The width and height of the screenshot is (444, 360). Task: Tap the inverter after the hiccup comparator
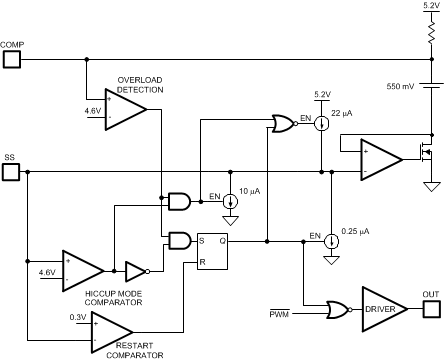coord(136,271)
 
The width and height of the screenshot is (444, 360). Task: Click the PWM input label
coord(280,316)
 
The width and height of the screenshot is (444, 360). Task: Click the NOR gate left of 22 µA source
coord(284,124)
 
